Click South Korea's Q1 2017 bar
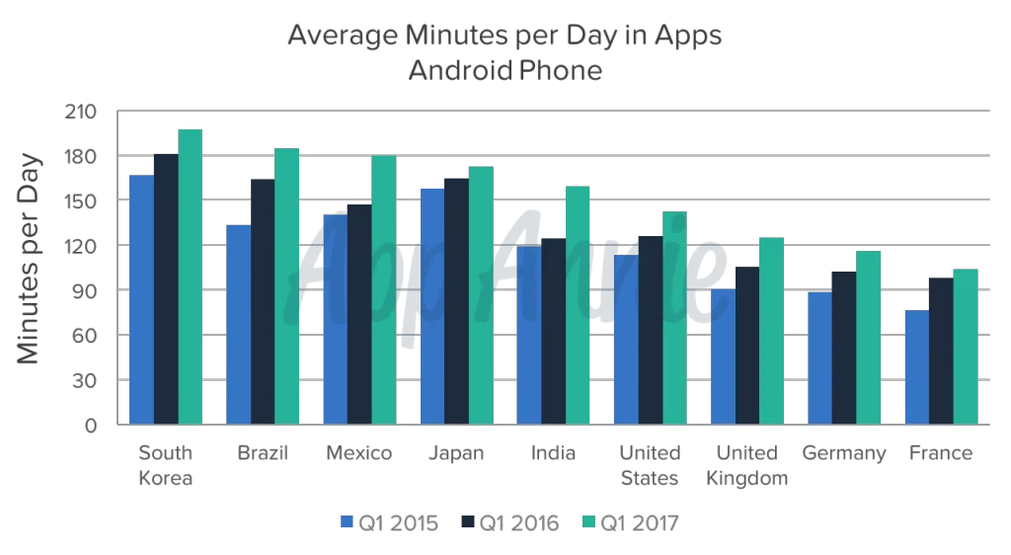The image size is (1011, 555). (191, 277)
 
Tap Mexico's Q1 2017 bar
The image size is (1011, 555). (384, 290)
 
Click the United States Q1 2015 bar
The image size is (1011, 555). (626, 340)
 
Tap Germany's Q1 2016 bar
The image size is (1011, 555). (843, 347)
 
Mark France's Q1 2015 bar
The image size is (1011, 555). (916, 366)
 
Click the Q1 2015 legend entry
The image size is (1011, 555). (390, 522)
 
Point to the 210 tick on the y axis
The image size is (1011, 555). (81, 112)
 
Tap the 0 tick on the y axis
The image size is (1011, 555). (90, 426)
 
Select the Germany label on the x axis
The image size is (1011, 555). (844, 453)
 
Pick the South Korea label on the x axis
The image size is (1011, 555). (167, 465)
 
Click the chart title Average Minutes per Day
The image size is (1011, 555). (505, 37)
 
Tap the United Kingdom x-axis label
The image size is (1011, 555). (747, 465)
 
